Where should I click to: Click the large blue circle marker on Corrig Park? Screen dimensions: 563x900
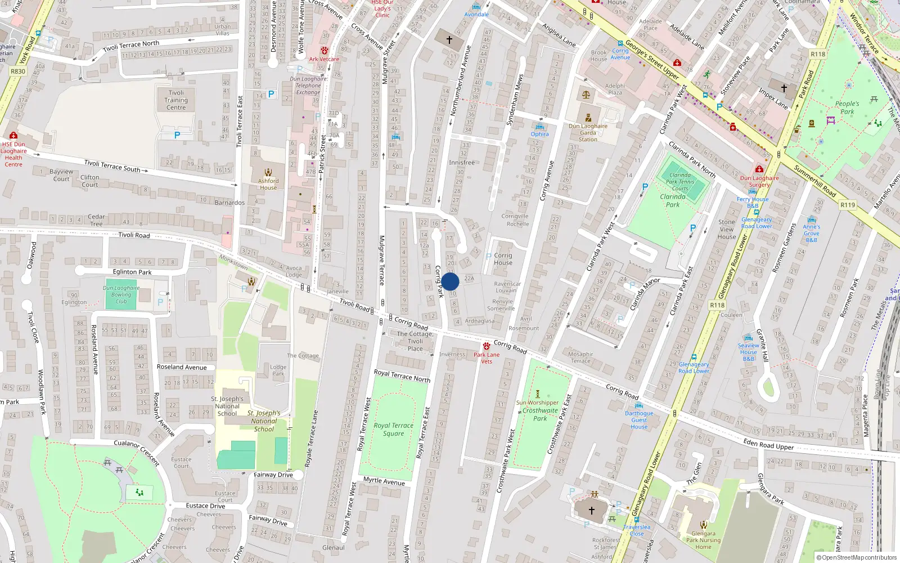click(450, 281)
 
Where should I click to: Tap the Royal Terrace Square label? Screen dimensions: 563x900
click(393, 430)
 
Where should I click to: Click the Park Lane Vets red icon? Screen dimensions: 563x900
click(486, 346)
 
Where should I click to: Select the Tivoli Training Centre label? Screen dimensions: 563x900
click(176, 100)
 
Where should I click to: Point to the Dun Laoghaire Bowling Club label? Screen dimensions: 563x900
click(121, 294)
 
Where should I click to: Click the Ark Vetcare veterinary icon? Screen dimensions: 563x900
click(324, 51)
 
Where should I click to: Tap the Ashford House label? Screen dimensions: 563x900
click(268, 184)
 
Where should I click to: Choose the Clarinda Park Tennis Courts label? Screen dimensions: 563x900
click(680, 182)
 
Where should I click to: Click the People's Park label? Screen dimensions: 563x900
click(847, 108)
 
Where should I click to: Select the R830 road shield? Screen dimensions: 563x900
click(18, 72)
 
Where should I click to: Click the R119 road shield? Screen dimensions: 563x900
click(848, 205)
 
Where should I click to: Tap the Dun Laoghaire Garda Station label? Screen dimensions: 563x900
click(588, 133)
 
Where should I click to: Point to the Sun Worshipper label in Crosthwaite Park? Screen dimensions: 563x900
click(537, 403)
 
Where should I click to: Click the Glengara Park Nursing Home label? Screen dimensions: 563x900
click(703, 540)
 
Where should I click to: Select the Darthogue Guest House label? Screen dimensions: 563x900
click(639, 420)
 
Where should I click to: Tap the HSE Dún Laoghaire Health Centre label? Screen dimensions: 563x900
click(13, 154)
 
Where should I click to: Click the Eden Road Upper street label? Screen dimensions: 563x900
click(768, 445)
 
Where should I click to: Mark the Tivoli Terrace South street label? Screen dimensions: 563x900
click(112, 166)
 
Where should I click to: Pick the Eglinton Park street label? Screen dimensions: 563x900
click(132, 272)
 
